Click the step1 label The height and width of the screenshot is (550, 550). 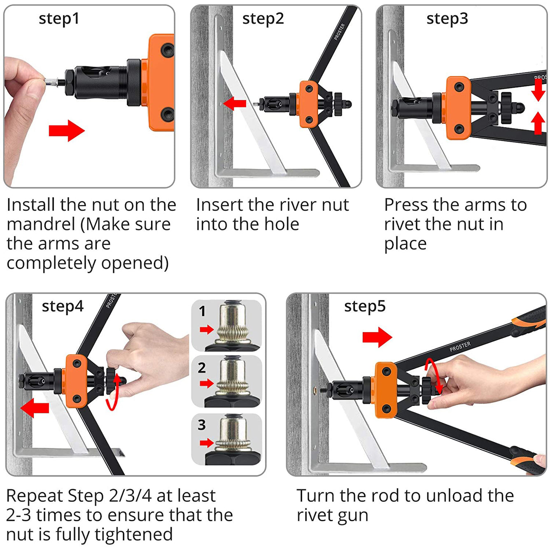[59, 19]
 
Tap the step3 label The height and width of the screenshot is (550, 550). [447, 19]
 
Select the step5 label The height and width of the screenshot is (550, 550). [365, 306]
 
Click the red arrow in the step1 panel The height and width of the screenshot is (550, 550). [67, 131]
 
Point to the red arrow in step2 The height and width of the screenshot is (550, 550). [235, 103]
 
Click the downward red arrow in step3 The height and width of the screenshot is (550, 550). [538, 90]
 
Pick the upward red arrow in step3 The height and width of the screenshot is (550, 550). [538, 123]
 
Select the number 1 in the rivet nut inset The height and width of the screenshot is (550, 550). [202, 311]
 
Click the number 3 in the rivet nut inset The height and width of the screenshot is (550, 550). [202, 424]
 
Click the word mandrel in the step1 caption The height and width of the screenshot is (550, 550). [41, 224]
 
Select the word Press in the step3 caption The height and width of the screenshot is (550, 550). [406, 205]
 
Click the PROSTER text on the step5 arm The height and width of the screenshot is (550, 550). [460, 347]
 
